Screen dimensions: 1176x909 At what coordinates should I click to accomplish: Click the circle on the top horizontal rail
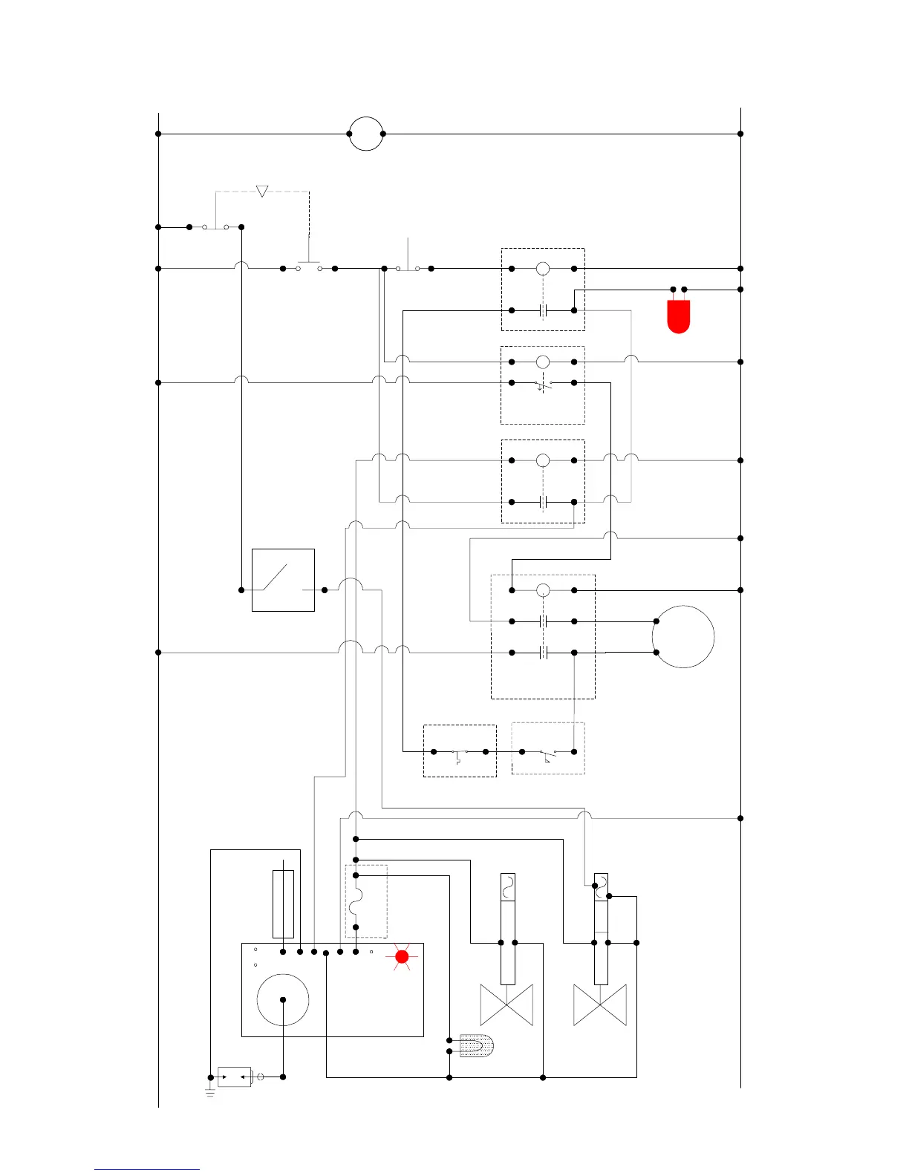[x=366, y=134]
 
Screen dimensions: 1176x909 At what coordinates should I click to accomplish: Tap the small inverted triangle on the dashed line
[x=261, y=192]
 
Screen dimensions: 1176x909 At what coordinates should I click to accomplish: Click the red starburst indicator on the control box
[x=402, y=957]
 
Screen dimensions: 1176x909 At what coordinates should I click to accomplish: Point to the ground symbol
[x=210, y=1092]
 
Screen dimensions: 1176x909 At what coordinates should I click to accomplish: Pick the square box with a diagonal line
[x=283, y=580]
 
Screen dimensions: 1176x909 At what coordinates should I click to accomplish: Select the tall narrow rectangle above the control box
[x=283, y=904]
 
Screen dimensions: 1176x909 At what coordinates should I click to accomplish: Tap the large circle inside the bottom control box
[x=282, y=999]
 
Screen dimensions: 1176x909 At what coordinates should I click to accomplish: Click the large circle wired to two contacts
[x=683, y=636]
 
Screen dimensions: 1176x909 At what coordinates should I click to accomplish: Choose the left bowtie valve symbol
[x=506, y=1005]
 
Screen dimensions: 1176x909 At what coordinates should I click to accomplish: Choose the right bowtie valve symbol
[x=600, y=1005]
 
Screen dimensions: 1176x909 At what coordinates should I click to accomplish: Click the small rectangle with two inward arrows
[x=235, y=1077]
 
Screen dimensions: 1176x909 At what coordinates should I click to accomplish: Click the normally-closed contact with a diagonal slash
[x=543, y=384]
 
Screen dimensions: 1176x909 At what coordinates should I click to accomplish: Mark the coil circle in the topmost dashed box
[x=543, y=269]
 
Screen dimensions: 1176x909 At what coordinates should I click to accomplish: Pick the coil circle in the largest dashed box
[x=543, y=590]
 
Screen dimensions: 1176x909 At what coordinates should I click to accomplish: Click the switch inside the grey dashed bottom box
[x=548, y=753]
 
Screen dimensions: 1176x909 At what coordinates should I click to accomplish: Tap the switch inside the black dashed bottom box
[x=460, y=753]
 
